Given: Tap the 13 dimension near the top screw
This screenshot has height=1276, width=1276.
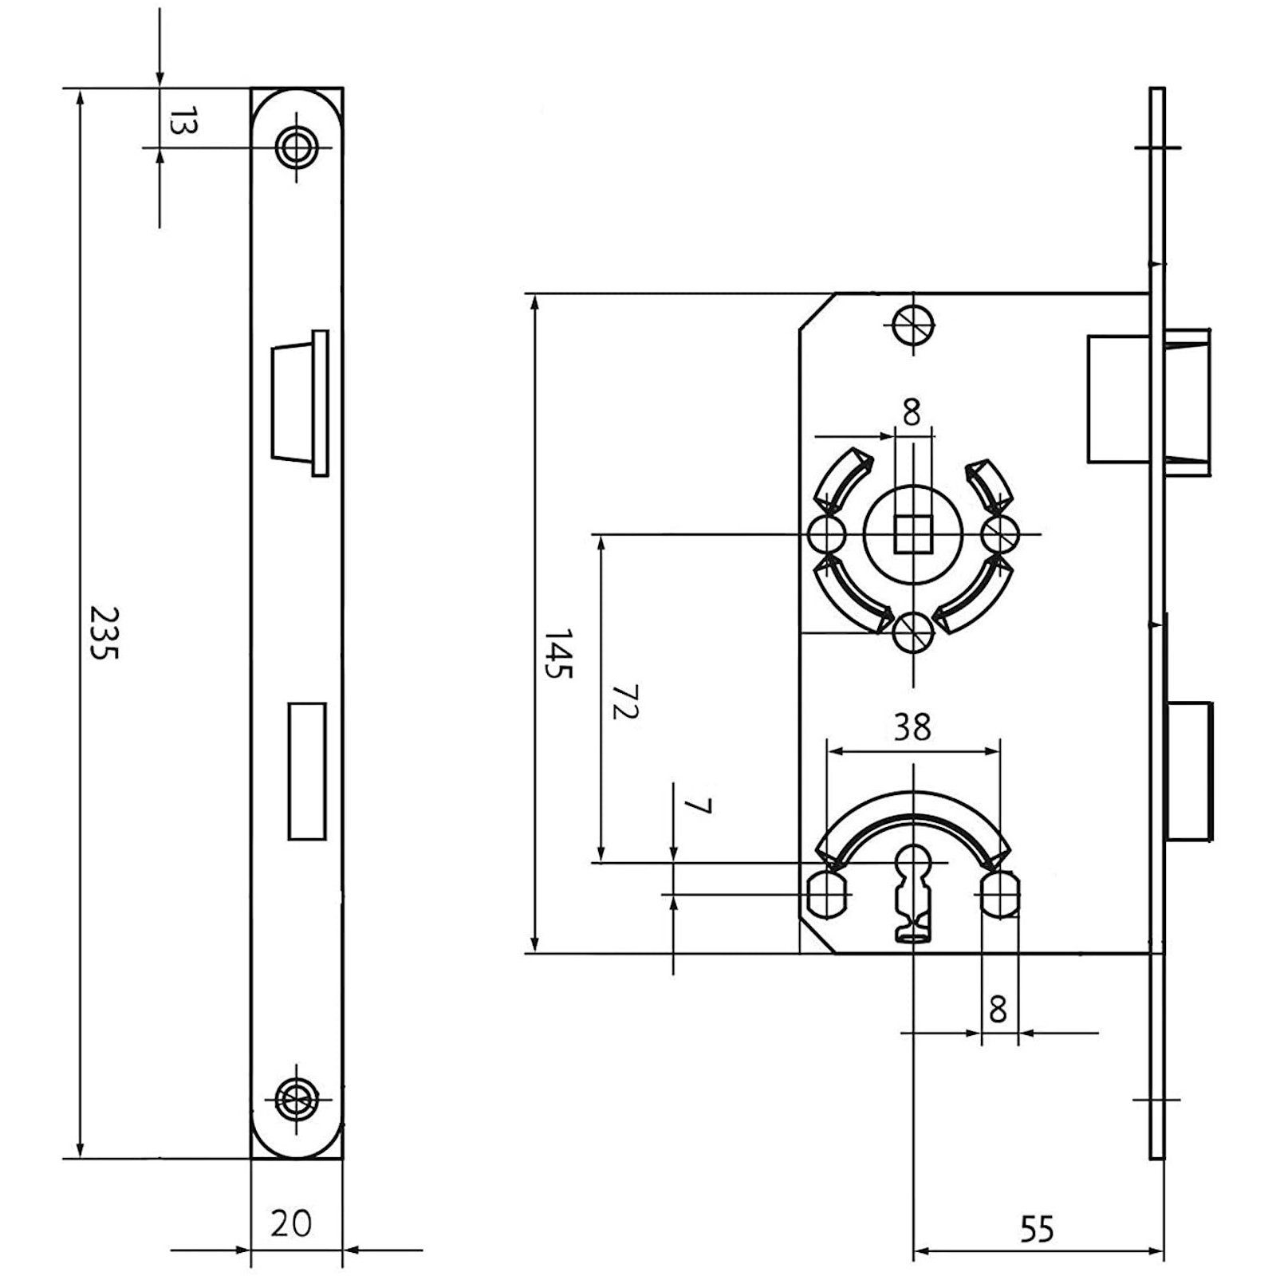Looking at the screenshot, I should coord(183,124).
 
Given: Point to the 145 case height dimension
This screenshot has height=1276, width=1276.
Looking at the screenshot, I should coord(558,653).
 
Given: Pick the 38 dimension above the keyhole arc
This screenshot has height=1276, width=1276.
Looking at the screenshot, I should coord(912,727).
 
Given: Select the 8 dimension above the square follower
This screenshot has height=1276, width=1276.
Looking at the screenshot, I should coord(912,412).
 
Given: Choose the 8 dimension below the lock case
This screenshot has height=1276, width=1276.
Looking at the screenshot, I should coord(998,1010).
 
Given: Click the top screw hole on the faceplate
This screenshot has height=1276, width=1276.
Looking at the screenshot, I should coord(297,147).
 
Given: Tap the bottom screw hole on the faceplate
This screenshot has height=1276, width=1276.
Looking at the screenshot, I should coord(297,1101).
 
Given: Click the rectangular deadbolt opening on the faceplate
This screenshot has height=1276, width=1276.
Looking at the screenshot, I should coord(306,770).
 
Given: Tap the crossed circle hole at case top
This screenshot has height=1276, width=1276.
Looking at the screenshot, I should coord(914,324).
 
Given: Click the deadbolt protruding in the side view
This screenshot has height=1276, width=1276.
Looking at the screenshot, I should coord(1190,770).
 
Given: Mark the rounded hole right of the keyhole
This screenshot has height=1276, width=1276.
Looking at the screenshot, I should coord(1000,894).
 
